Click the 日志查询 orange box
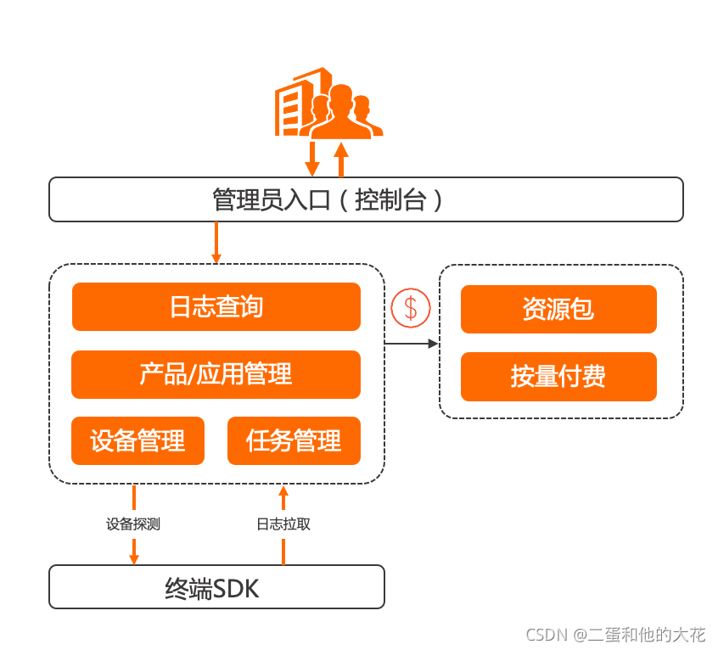point(216,306)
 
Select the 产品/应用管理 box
point(216,374)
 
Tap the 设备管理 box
point(137,441)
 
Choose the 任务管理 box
point(294,441)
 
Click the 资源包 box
point(558,309)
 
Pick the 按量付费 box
point(558,377)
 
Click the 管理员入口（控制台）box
point(366,199)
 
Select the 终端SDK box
point(216,587)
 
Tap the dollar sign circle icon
point(411,308)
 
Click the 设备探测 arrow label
point(133,524)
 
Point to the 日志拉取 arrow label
point(283,524)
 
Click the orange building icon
point(293,104)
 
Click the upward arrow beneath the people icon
point(342,159)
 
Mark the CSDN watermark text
point(615,635)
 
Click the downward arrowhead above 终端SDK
point(133,558)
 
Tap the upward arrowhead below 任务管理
point(283,490)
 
